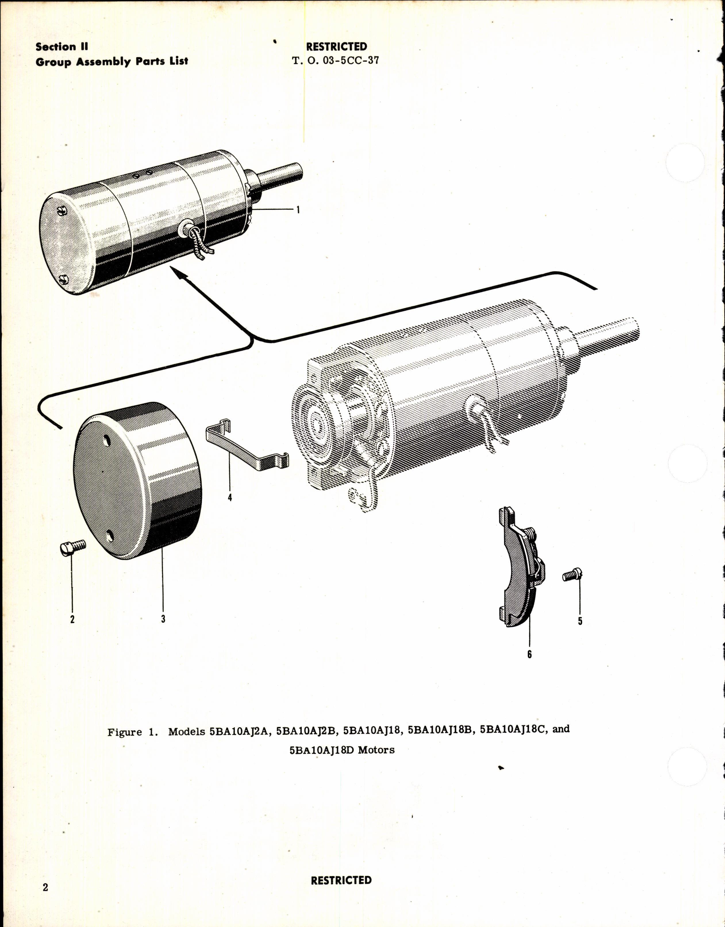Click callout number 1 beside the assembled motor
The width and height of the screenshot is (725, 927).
(298, 210)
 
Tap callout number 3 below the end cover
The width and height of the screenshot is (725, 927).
(163, 619)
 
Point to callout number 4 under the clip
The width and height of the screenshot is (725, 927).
(230, 497)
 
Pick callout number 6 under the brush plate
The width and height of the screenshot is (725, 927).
(529, 654)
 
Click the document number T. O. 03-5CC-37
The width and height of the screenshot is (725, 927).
(336, 60)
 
